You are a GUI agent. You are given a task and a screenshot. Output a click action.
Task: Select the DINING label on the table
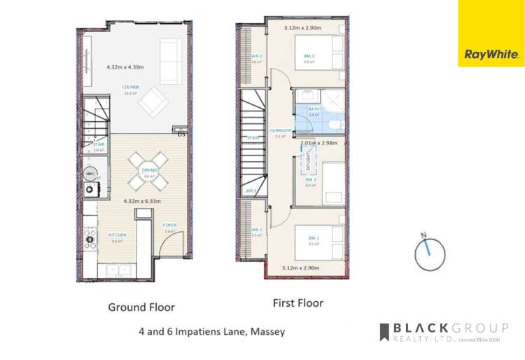tap(149, 170)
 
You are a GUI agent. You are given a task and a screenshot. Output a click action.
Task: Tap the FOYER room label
tap(169, 226)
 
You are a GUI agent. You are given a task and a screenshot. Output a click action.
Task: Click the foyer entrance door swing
tap(171, 245)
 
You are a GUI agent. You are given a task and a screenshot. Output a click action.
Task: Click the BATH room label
tap(314, 109)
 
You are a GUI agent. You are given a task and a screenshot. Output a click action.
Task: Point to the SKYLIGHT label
tap(308, 163)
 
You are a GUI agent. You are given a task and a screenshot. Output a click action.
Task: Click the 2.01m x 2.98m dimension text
tap(318, 143)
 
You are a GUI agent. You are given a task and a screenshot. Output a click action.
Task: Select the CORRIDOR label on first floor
tap(281, 131)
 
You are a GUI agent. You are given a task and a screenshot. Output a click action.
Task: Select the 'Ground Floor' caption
tap(141, 307)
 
